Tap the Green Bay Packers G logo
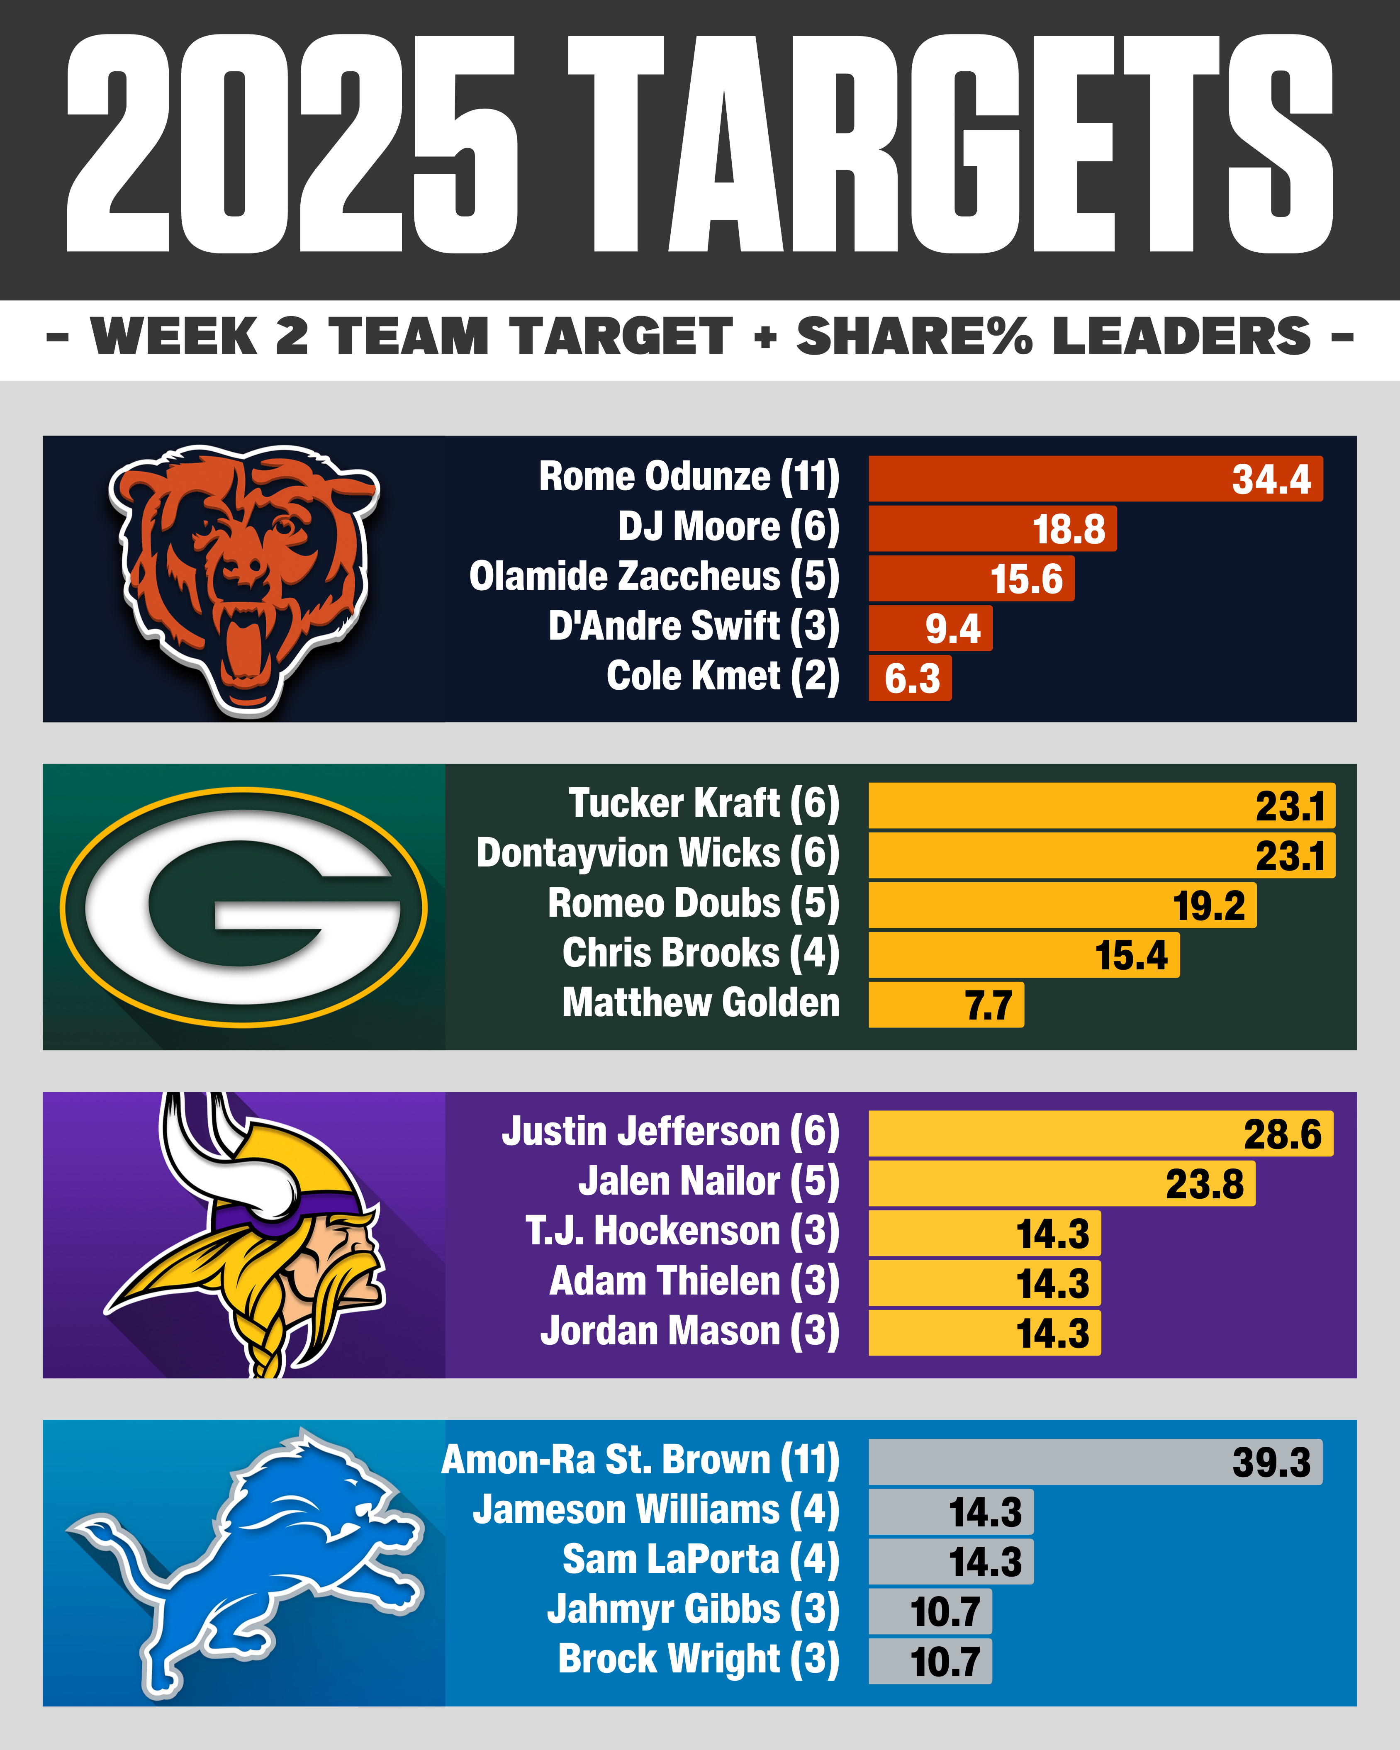click(x=243, y=907)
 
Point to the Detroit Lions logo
click(x=243, y=1563)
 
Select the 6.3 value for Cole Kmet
click(x=911, y=679)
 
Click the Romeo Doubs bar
click(x=1062, y=905)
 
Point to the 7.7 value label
click(x=988, y=1006)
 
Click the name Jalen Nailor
click(x=708, y=1182)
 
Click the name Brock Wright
click(x=698, y=1659)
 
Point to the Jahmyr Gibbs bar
click(x=930, y=1611)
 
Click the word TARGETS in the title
click(x=950, y=144)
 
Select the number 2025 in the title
click(x=292, y=144)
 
